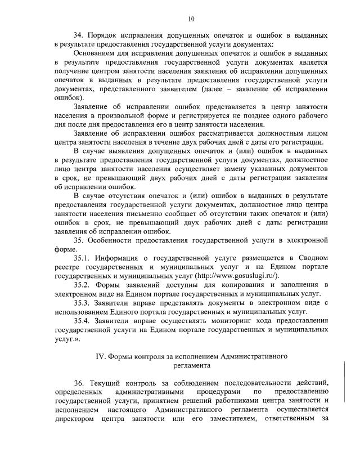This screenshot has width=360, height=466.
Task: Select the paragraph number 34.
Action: (x=79, y=35)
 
